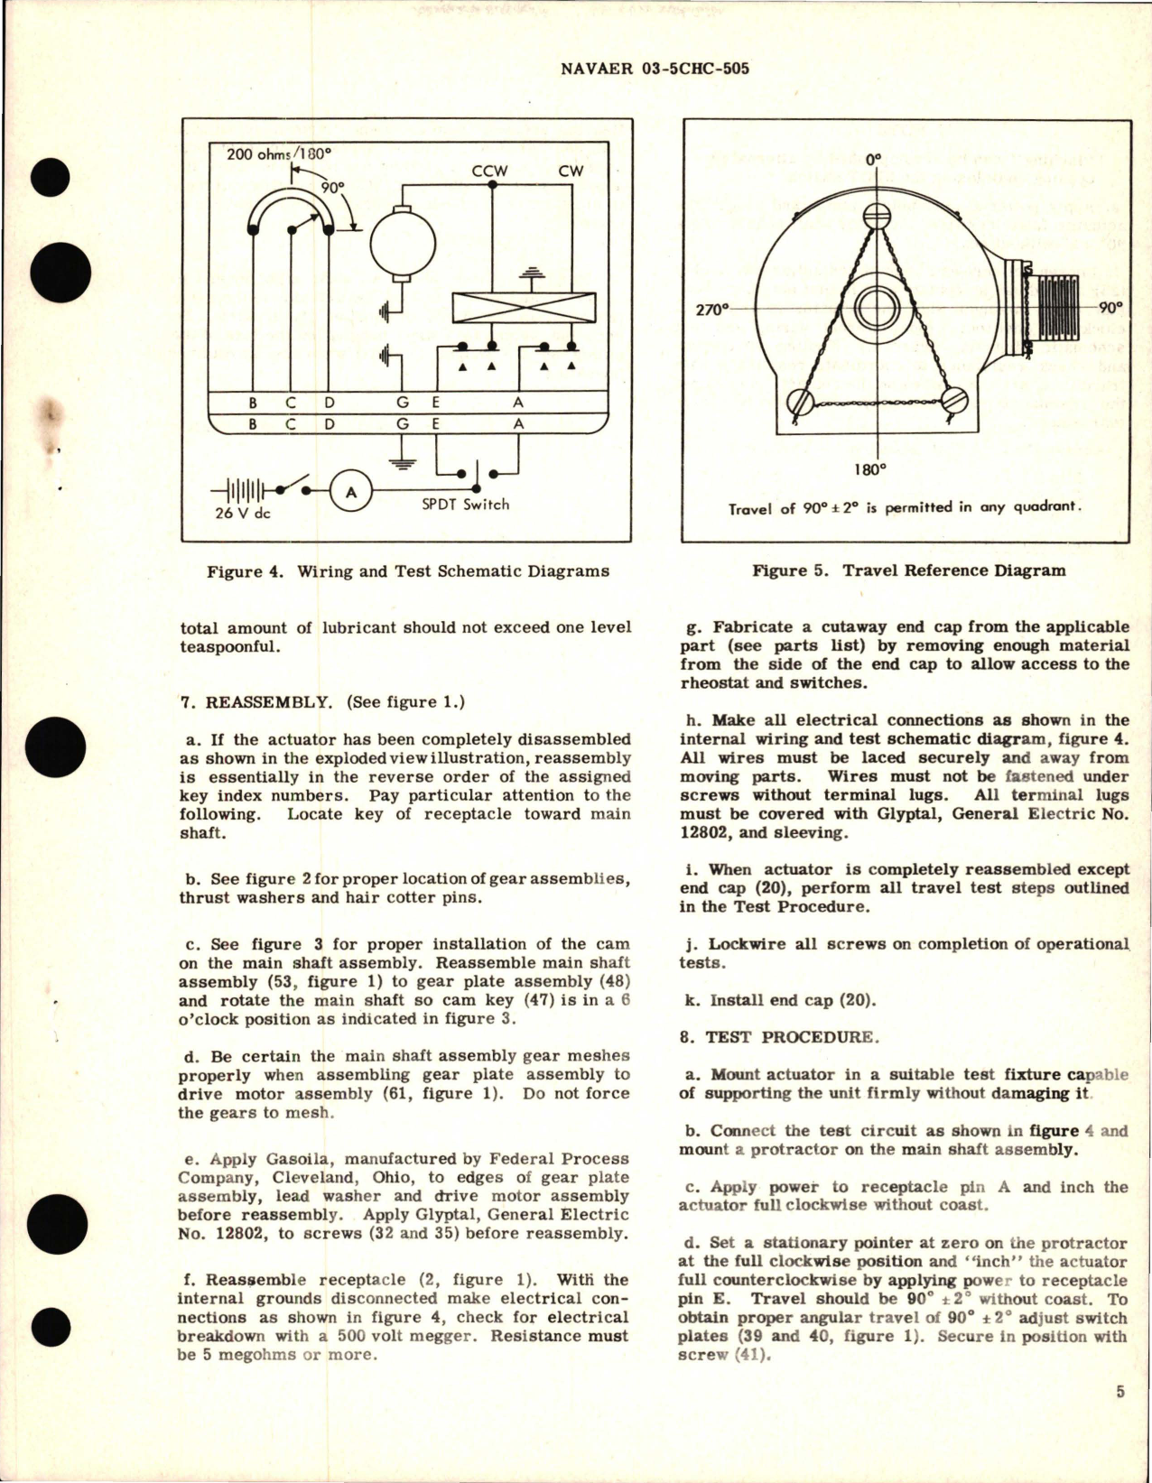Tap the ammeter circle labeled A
(351, 491)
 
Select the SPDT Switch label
(464, 505)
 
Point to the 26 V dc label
(245, 514)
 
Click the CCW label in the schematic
(489, 171)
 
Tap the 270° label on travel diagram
(711, 310)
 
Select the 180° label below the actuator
(870, 468)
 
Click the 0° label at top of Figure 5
(873, 160)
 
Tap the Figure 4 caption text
(407, 570)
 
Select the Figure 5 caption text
(909, 570)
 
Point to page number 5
(1119, 1392)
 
